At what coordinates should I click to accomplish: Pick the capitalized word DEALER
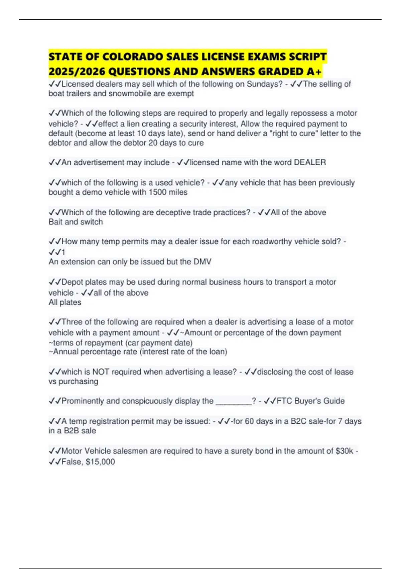click(x=310, y=162)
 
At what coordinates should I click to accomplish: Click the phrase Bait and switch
click(x=76, y=222)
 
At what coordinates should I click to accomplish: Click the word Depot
click(x=72, y=282)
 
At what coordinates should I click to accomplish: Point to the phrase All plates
click(x=65, y=302)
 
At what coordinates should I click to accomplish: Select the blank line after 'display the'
click(x=234, y=401)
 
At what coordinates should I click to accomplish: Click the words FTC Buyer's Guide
click(x=310, y=401)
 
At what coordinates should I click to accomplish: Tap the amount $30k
click(x=344, y=451)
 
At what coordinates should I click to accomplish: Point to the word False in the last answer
click(x=72, y=462)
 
